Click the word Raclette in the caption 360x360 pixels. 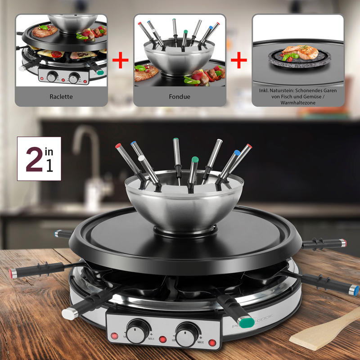61,97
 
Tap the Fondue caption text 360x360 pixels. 180,97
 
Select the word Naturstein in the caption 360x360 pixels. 282,90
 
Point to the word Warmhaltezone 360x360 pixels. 298,103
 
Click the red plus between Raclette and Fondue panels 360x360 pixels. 120,60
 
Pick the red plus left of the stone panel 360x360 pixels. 239,60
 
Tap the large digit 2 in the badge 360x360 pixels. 34,159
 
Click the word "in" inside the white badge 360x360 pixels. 49,152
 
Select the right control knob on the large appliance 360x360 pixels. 187,334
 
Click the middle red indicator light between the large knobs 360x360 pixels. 163,339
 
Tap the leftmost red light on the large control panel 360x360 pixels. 114,336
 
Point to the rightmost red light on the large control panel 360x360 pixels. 212,342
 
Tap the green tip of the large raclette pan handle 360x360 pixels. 247,322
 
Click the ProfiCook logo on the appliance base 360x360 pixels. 252,321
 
